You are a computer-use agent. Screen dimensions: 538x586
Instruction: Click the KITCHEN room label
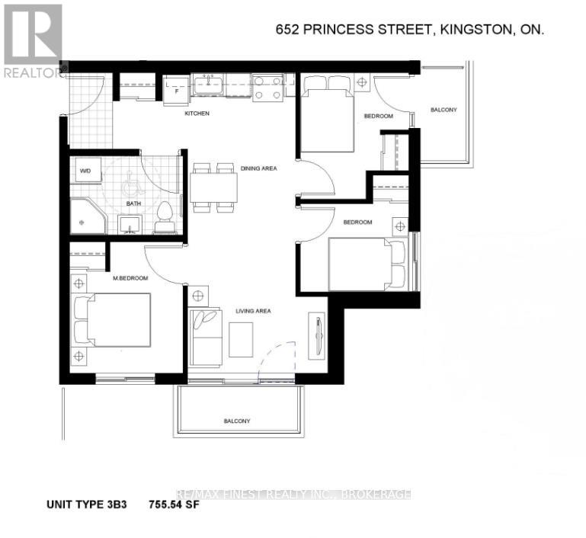coord(197,114)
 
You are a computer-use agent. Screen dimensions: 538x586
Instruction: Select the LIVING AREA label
coord(255,311)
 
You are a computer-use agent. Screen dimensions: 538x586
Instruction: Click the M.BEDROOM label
coord(131,279)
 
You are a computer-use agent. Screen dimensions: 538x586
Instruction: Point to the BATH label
coord(133,204)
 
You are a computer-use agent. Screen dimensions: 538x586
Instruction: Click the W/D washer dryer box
coord(88,171)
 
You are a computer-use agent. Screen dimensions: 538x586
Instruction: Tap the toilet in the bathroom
coord(163,217)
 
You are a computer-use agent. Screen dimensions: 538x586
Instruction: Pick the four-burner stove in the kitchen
coord(267,86)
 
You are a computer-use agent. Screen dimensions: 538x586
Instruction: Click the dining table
coord(213,187)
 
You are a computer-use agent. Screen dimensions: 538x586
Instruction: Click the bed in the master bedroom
coord(114,320)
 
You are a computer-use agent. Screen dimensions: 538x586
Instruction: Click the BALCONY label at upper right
coord(444,110)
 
